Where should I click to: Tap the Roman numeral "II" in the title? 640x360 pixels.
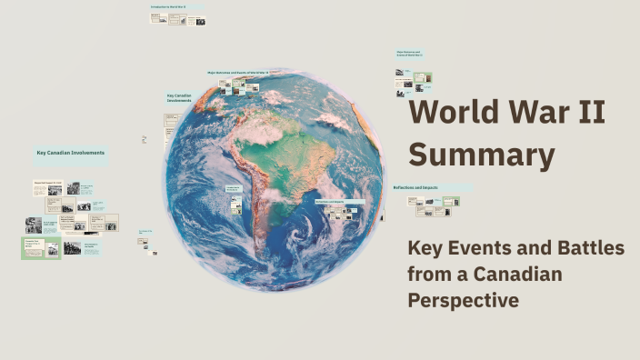(x=592, y=114)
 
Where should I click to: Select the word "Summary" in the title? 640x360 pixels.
(x=482, y=155)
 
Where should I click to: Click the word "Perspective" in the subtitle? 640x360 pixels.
(x=464, y=300)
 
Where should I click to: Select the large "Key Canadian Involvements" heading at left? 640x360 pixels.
(x=70, y=153)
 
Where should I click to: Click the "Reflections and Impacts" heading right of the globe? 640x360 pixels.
(x=415, y=188)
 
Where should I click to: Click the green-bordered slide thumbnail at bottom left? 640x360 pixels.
(x=41, y=247)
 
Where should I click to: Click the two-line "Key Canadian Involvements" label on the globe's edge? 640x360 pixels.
(x=179, y=98)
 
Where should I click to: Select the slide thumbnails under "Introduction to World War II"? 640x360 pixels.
(x=178, y=19)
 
